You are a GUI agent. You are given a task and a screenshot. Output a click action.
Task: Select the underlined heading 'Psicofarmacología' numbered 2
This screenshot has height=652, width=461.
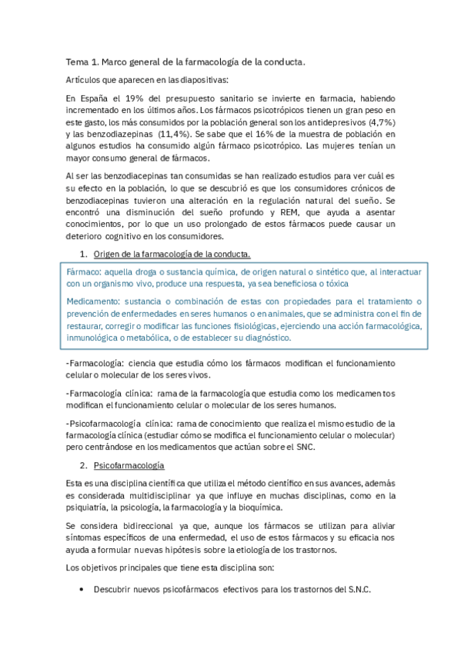tap(129, 466)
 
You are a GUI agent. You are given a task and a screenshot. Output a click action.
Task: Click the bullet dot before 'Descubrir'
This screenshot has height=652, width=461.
tap(82, 590)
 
